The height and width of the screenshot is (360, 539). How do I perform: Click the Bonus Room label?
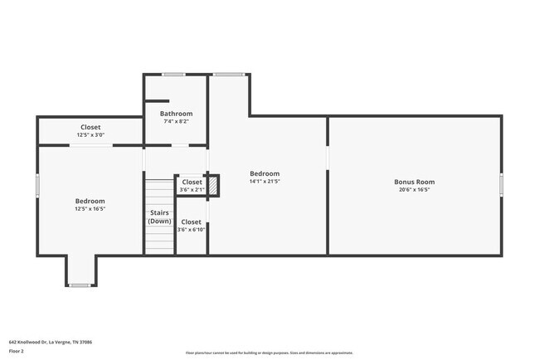pos(414,182)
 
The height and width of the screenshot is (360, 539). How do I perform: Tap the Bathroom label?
pos(176,114)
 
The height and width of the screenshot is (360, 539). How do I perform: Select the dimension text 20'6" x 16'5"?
pos(414,189)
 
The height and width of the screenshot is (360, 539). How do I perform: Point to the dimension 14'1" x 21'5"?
pos(265,181)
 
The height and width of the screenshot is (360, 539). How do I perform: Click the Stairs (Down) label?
pos(159,217)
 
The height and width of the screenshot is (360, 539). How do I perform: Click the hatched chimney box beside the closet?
pos(213,186)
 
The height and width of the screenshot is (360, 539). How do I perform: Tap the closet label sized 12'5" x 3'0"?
pos(90,127)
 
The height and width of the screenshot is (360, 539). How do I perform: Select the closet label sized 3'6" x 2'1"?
pos(192,182)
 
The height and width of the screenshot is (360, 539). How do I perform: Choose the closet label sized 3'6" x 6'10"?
pos(191,221)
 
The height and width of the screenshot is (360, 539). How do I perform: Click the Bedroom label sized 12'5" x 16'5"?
pos(90,201)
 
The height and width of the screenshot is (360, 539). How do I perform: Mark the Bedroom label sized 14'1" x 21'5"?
pos(265,173)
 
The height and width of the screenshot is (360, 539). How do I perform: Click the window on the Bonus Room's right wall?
pos(501,185)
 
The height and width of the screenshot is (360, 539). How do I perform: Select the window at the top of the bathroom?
pos(174,75)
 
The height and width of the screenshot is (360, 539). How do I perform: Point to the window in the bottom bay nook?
pos(80,285)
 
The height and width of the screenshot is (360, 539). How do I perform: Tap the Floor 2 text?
pos(17,351)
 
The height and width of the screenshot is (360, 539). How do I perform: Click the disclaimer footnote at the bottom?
pos(269,353)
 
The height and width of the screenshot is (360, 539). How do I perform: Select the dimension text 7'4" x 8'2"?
pos(176,121)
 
